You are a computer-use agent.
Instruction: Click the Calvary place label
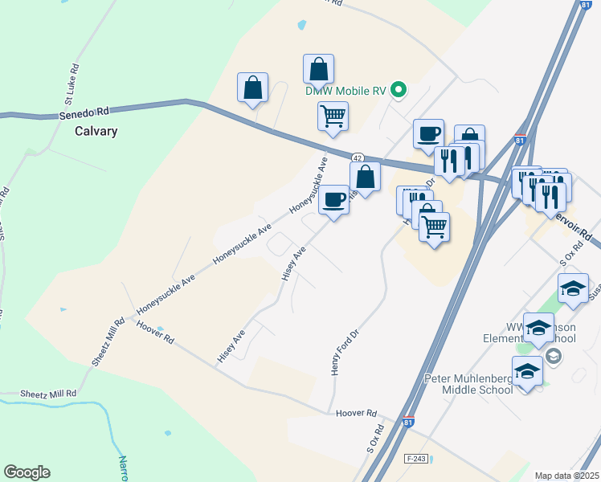[x=96, y=131]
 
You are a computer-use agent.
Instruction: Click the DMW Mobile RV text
[x=346, y=91]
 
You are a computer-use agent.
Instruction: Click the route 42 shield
[x=358, y=157]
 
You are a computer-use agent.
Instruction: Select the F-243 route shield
[x=414, y=456]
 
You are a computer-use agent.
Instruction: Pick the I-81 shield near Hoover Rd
[x=409, y=422]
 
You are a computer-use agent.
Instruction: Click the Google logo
[x=27, y=472]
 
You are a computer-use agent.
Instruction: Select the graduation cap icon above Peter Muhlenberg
[x=539, y=327]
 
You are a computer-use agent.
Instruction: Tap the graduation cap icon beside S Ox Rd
[x=572, y=288]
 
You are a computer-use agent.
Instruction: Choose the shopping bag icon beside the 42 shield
[x=365, y=176]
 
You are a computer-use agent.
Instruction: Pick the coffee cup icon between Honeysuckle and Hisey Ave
[x=333, y=199]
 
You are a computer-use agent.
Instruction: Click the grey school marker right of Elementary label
[x=552, y=354]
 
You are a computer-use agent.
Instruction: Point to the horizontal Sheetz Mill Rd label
[x=50, y=394]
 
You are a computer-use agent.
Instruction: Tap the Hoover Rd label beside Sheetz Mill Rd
[x=156, y=329]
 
